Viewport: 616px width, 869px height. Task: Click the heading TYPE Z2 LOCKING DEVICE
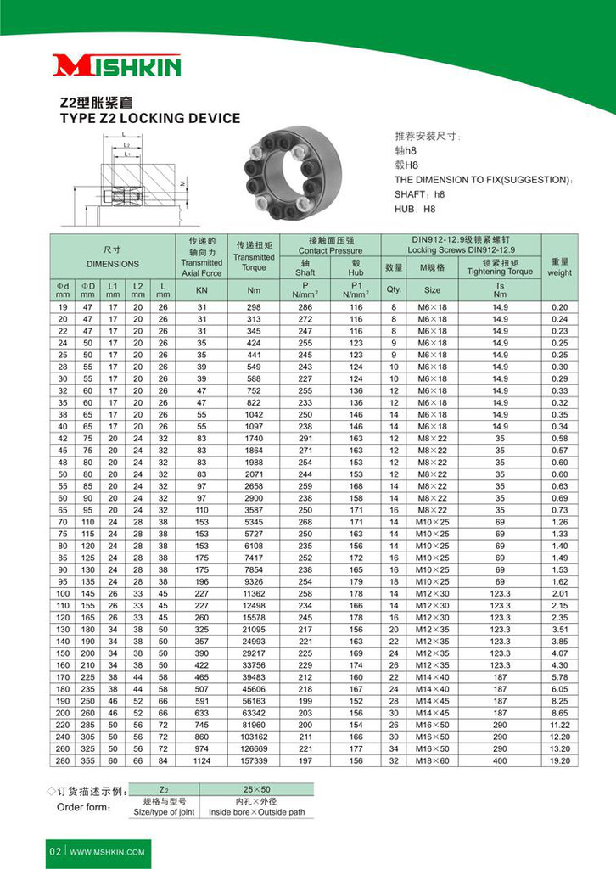[x=149, y=119]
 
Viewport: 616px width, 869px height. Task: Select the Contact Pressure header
[x=330, y=251]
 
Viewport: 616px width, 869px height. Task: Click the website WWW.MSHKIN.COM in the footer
[x=108, y=851]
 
